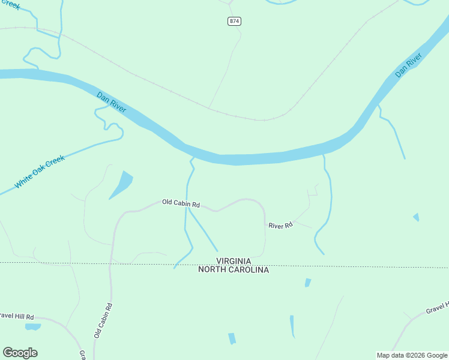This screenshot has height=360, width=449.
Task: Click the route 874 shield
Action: pyautogui.click(x=234, y=21)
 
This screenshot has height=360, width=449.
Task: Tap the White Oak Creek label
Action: pyautogui.click(x=40, y=172)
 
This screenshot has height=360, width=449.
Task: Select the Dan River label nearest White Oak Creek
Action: pyautogui.click(x=112, y=101)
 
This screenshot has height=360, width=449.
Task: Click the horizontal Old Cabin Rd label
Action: pyautogui.click(x=181, y=203)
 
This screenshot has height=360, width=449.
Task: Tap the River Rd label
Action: pyautogui.click(x=280, y=226)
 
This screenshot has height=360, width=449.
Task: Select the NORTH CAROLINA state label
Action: pyautogui.click(x=234, y=270)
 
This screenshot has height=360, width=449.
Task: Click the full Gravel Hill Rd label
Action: pyautogui.click(x=17, y=316)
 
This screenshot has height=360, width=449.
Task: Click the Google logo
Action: pyautogui.click(x=20, y=353)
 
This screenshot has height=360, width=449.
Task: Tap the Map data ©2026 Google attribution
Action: pyautogui.click(x=412, y=355)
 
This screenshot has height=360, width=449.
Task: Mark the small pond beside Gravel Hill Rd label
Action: pyautogui.click(x=32, y=327)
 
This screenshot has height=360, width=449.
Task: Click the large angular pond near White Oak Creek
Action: pyautogui.click(x=122, y=184)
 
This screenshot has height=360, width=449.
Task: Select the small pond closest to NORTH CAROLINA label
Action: pyautogui.click(x=308, y=283)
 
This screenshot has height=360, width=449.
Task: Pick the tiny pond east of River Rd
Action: pyautogui.click(x=416, y=217)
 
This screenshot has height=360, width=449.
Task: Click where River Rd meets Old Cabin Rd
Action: pyautogui.click(x=265, y=224)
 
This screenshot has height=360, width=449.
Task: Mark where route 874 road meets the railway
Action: pyautogui.click(x=209, y=109)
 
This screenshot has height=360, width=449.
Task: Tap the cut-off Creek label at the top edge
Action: pyautogui.click(x=11, y=6)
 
